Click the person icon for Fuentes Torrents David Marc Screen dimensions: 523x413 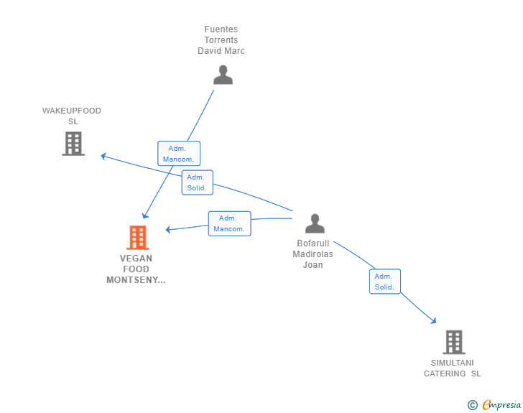point(223,75)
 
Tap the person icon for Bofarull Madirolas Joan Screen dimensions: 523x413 point(315,223)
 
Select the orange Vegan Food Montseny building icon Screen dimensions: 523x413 point(138,238)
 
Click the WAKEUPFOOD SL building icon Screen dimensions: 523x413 point(73,144)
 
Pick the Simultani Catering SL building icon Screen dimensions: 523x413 point(454,342)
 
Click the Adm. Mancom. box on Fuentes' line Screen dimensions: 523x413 point(179,154)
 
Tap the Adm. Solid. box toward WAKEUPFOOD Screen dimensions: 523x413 point(197,182)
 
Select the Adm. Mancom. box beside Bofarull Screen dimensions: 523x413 point(229,223)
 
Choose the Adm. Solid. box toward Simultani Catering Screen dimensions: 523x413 point(385,282)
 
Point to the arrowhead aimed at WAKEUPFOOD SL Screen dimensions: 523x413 point(103,156)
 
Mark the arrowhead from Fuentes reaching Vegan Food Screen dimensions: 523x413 point(145,216)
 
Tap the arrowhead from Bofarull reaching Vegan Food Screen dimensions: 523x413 point(168,229)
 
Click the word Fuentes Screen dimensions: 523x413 point(221,29)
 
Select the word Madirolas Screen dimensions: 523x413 point(313,254)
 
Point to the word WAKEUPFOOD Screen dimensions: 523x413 point(72,111)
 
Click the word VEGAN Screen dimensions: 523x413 point(136,259)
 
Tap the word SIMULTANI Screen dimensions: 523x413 point(453,363)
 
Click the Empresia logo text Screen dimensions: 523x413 point(501,405)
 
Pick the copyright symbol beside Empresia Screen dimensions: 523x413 point(473,405)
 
